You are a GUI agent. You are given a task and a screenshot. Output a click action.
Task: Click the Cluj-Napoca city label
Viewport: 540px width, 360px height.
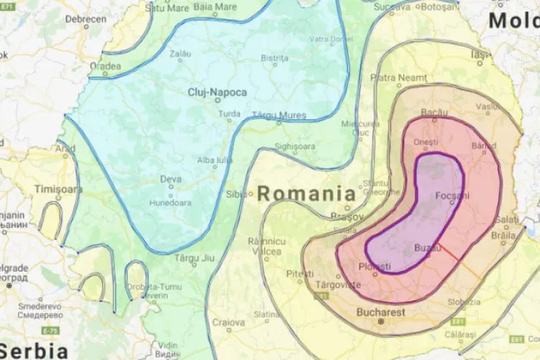coord(217,92)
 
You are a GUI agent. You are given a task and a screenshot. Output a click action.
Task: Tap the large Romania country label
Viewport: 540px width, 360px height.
coord(307,193)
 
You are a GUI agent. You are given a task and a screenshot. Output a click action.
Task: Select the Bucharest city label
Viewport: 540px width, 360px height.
coord(381,312)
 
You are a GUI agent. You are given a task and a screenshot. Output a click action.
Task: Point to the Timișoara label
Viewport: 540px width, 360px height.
coord(59,189)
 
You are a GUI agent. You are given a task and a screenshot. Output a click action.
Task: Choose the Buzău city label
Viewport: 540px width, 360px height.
coord(427,248)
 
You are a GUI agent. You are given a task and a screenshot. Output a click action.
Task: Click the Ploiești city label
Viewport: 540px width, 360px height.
coord(374,267)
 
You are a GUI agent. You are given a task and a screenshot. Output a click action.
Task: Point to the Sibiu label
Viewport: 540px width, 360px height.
coord(235,194)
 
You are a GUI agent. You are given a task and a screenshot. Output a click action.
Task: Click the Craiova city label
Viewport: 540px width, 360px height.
coord(228,323)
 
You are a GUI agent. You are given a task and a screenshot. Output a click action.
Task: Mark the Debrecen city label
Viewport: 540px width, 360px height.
coord(86,19)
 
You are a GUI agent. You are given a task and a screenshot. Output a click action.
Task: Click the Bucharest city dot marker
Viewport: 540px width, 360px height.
coord(382,321)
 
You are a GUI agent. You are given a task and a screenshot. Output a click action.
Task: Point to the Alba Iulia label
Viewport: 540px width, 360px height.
coord(215,160)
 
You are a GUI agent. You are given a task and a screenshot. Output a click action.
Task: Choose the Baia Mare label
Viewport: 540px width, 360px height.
coord(215,7)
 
